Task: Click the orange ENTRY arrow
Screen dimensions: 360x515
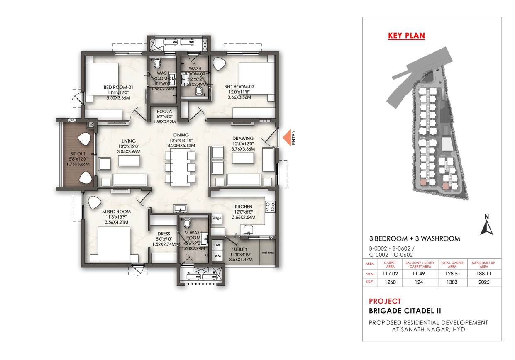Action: [286, 137]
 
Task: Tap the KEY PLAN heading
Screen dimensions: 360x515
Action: [406, 36]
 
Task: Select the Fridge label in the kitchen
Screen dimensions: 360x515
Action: [217, 218]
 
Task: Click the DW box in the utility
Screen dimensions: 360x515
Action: [217, 246]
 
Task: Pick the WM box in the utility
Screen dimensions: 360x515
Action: [217, 255]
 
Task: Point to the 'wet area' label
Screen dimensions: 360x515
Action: [266, 252]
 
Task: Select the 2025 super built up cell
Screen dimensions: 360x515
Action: [483, 282]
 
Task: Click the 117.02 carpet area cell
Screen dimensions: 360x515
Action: [391, 273]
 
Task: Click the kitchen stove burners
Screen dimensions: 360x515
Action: [270, 207]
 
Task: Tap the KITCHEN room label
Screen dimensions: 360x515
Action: [244, 207]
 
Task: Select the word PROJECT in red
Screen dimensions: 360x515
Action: [385, 301]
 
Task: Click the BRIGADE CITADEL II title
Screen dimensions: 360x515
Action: [405, 311]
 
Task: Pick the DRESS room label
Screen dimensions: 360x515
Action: [164, 234]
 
